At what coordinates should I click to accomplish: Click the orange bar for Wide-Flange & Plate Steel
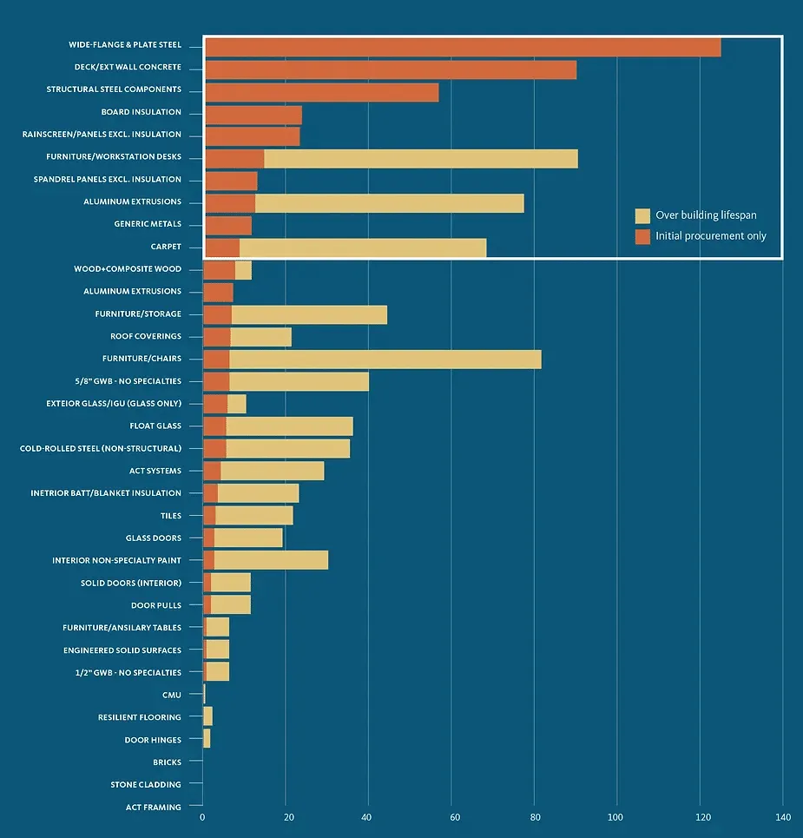[x=463, y=48]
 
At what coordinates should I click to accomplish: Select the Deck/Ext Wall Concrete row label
[x=128, y=67]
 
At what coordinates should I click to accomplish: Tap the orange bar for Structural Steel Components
[x=322, y=92]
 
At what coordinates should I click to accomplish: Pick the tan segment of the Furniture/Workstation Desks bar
[x=421, y=159]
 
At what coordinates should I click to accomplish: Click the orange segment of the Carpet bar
[x=222, y=247]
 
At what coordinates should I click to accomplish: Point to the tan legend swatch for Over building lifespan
[x=642, y=216]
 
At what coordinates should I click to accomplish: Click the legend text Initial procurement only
[x=711, y=236]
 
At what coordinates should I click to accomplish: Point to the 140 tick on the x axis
[x=782, y=818]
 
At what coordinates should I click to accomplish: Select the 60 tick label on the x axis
[x=451, y=818]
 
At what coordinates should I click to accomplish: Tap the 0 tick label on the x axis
[x=202, y=818]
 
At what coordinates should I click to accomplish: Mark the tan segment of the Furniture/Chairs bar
[x=385, y=359]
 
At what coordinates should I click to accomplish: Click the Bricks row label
[x=167, y=762]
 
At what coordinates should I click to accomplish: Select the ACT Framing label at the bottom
[x=153, y=808]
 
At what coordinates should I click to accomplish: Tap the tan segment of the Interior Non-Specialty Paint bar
[x=271, y=560]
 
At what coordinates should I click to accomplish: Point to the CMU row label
[x=171, y=696]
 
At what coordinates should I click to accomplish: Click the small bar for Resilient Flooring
[x=207, y=716]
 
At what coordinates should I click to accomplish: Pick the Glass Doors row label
[x=153, y=538]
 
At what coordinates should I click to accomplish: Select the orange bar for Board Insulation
[x=253, y=115]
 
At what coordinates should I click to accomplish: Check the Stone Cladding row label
[x=146, y=785]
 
